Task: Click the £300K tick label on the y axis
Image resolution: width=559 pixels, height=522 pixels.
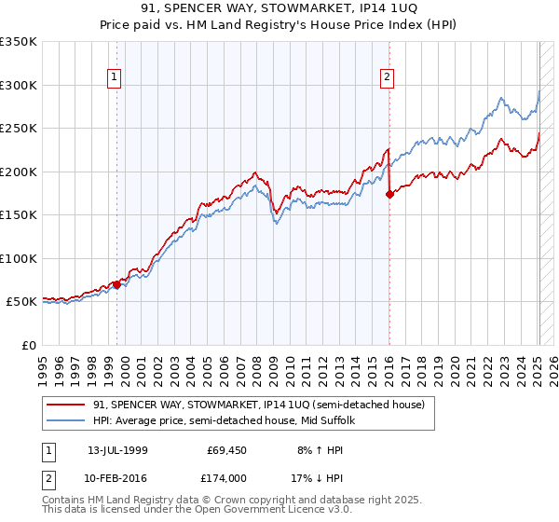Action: click(19, 85)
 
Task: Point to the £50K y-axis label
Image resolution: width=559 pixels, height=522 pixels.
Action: click(21, 302)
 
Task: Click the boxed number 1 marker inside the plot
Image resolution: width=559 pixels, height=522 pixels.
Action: click(113, 78)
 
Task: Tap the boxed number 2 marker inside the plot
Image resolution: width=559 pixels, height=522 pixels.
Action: click(386, 78)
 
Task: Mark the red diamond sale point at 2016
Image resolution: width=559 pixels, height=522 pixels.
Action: click(389, 194)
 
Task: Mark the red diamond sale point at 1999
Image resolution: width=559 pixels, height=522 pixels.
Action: click(116, 284)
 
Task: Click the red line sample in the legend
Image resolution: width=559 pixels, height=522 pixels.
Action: click(67, 405)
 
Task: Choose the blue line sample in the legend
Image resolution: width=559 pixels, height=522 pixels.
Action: click(67, 420)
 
